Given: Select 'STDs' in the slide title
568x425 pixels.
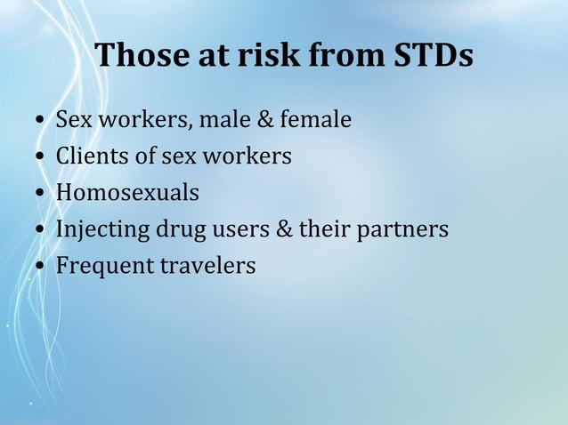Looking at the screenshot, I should click(433, 56).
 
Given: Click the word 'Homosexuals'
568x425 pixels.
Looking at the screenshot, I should click(127, 193).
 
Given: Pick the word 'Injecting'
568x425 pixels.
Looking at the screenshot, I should click(103, 229).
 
